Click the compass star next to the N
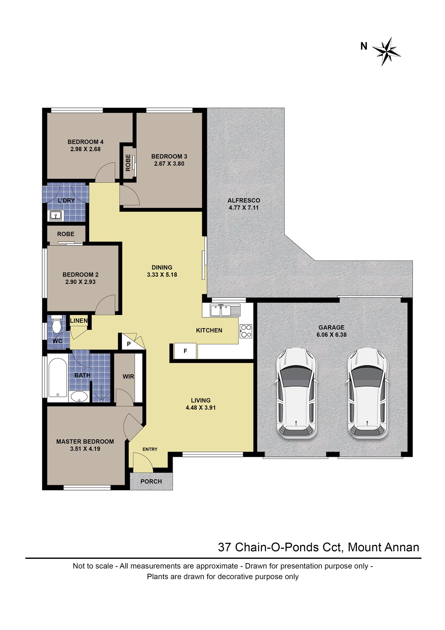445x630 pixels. coord(386,51)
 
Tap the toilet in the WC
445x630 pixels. coord(57,324)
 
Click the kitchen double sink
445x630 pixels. coord(225,310)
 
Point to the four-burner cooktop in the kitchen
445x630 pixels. coord(246,331)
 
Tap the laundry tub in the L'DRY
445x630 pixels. coord(56,216)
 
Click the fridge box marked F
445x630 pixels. coord(185,351)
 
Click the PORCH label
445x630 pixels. coord(151,481)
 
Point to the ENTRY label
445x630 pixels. coord(150,449)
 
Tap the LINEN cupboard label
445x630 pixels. coord(79,321)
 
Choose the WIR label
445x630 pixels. coord(128,376)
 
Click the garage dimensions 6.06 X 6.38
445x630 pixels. coord(331,335)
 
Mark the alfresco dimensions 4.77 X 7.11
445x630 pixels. coord(244,208)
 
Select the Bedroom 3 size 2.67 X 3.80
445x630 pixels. coord(169,163)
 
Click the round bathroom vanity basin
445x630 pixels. coord(79,397)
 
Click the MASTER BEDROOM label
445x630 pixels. coord(85,442)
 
